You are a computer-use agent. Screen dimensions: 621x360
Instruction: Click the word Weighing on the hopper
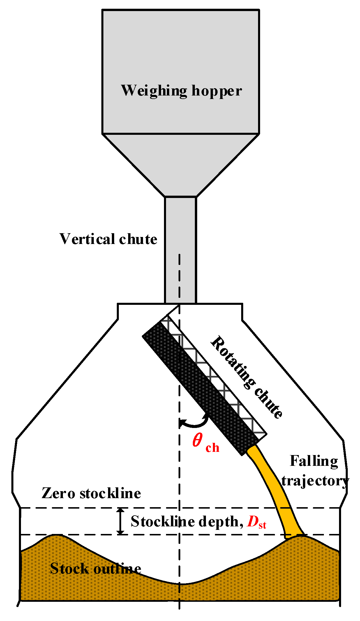pyautogui.click(x=154, y=91)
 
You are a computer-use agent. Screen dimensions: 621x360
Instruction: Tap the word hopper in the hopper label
pyautogui.click(x=217, y=91)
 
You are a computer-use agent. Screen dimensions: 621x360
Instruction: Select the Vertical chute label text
pyautogui.click(x=108, y=239)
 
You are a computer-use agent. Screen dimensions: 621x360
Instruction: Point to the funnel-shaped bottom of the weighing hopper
pyautogui.click(x=181, y=163)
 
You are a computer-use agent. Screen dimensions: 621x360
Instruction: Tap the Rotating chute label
pyautogui.click(x=246, y=377)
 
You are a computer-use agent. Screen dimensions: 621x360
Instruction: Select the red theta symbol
pyautogui.click(x=197, y=440)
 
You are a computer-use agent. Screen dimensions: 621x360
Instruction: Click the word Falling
pyautogui.click(x=314, y=461)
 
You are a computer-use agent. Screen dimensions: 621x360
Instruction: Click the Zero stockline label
pyautogui.click(x=91, y=493)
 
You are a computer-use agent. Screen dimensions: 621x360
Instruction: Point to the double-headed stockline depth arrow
pyautogui.click(x=120, y=521)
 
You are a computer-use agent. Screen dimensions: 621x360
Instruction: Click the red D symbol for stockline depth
pyautogui.click(x=252, y=521)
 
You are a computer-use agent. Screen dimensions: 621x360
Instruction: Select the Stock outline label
pyautogui.click(x=96, y=568)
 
